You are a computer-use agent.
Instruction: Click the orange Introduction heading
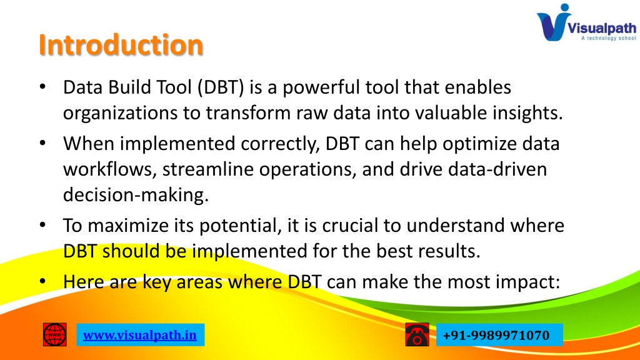(121, 44)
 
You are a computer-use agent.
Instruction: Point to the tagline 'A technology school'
(609, 38)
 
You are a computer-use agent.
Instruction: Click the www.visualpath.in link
(140, 335)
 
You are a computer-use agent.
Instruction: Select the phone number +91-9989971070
(496, 335)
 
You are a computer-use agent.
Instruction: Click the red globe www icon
(55, 335)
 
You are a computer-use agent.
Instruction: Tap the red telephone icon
(417, 334)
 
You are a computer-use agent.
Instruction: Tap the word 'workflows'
(107, 169)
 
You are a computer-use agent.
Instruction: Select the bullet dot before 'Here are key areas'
(43, 281)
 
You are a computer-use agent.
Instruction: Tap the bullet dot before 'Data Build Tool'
(43, 86)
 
